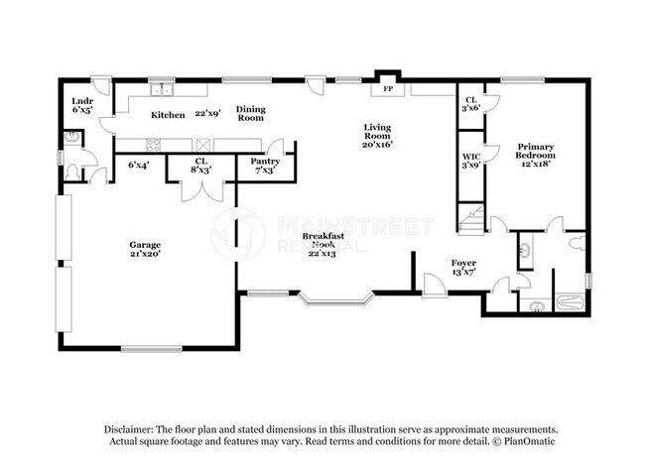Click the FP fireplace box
[x=387, y=88]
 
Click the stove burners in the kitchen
[x=155, y=144]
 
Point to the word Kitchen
[x=168, y=115]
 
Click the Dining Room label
[x=250, y=113]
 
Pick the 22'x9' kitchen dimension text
[x=207, y=113]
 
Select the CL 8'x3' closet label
[x=200, y=165]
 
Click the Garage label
[x=145, y=248]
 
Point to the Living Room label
[x=377, y=135]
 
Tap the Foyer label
[x=438, y=266]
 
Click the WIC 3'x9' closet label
[x=471, y=161]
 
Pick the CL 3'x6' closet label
[x=471, y=103]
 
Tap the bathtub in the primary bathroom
[x=569, y=304]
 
